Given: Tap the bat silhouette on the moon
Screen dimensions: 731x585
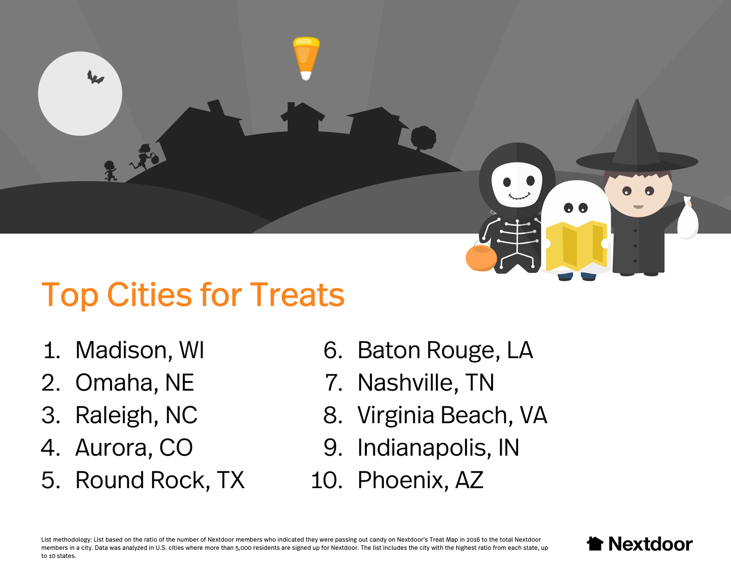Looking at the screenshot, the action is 95,78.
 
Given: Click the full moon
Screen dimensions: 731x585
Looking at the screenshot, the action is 80,94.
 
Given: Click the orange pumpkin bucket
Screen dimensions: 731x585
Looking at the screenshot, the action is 481,257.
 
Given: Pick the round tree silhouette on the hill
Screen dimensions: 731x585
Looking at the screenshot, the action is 423,138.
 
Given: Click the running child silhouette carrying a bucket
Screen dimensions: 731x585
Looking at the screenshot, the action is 144,157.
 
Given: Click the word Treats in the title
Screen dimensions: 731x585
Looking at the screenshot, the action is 297,295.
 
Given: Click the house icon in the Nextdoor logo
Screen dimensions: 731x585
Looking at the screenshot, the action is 595,543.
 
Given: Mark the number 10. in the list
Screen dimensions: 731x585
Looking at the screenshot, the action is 327,480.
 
